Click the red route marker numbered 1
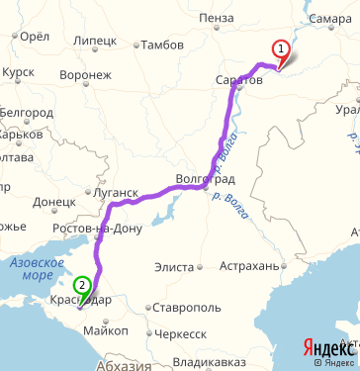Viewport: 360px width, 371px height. point(281,48)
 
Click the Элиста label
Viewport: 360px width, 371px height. point(175,267)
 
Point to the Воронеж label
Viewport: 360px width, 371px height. point(85,74)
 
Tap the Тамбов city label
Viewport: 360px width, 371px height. point(162,45)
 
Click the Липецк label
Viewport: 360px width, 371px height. point(94,41)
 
